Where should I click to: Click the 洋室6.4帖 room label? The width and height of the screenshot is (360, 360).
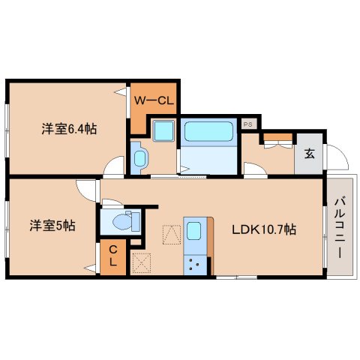68,127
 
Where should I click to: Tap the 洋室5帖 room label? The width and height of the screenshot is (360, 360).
52,224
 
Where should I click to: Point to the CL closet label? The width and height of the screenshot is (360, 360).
112,256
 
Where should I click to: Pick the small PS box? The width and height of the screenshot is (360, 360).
247,123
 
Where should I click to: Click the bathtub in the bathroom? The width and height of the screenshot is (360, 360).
209,131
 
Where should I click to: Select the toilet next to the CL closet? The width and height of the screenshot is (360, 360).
124,221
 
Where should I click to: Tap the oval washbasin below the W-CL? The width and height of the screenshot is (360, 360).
140,157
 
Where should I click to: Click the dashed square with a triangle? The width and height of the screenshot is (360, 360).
172,234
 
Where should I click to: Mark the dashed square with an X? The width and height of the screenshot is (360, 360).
140,262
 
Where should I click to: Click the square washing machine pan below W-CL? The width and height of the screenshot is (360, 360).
162,132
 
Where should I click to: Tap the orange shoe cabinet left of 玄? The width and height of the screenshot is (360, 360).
278,137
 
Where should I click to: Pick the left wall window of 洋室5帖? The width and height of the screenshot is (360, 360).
7,225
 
